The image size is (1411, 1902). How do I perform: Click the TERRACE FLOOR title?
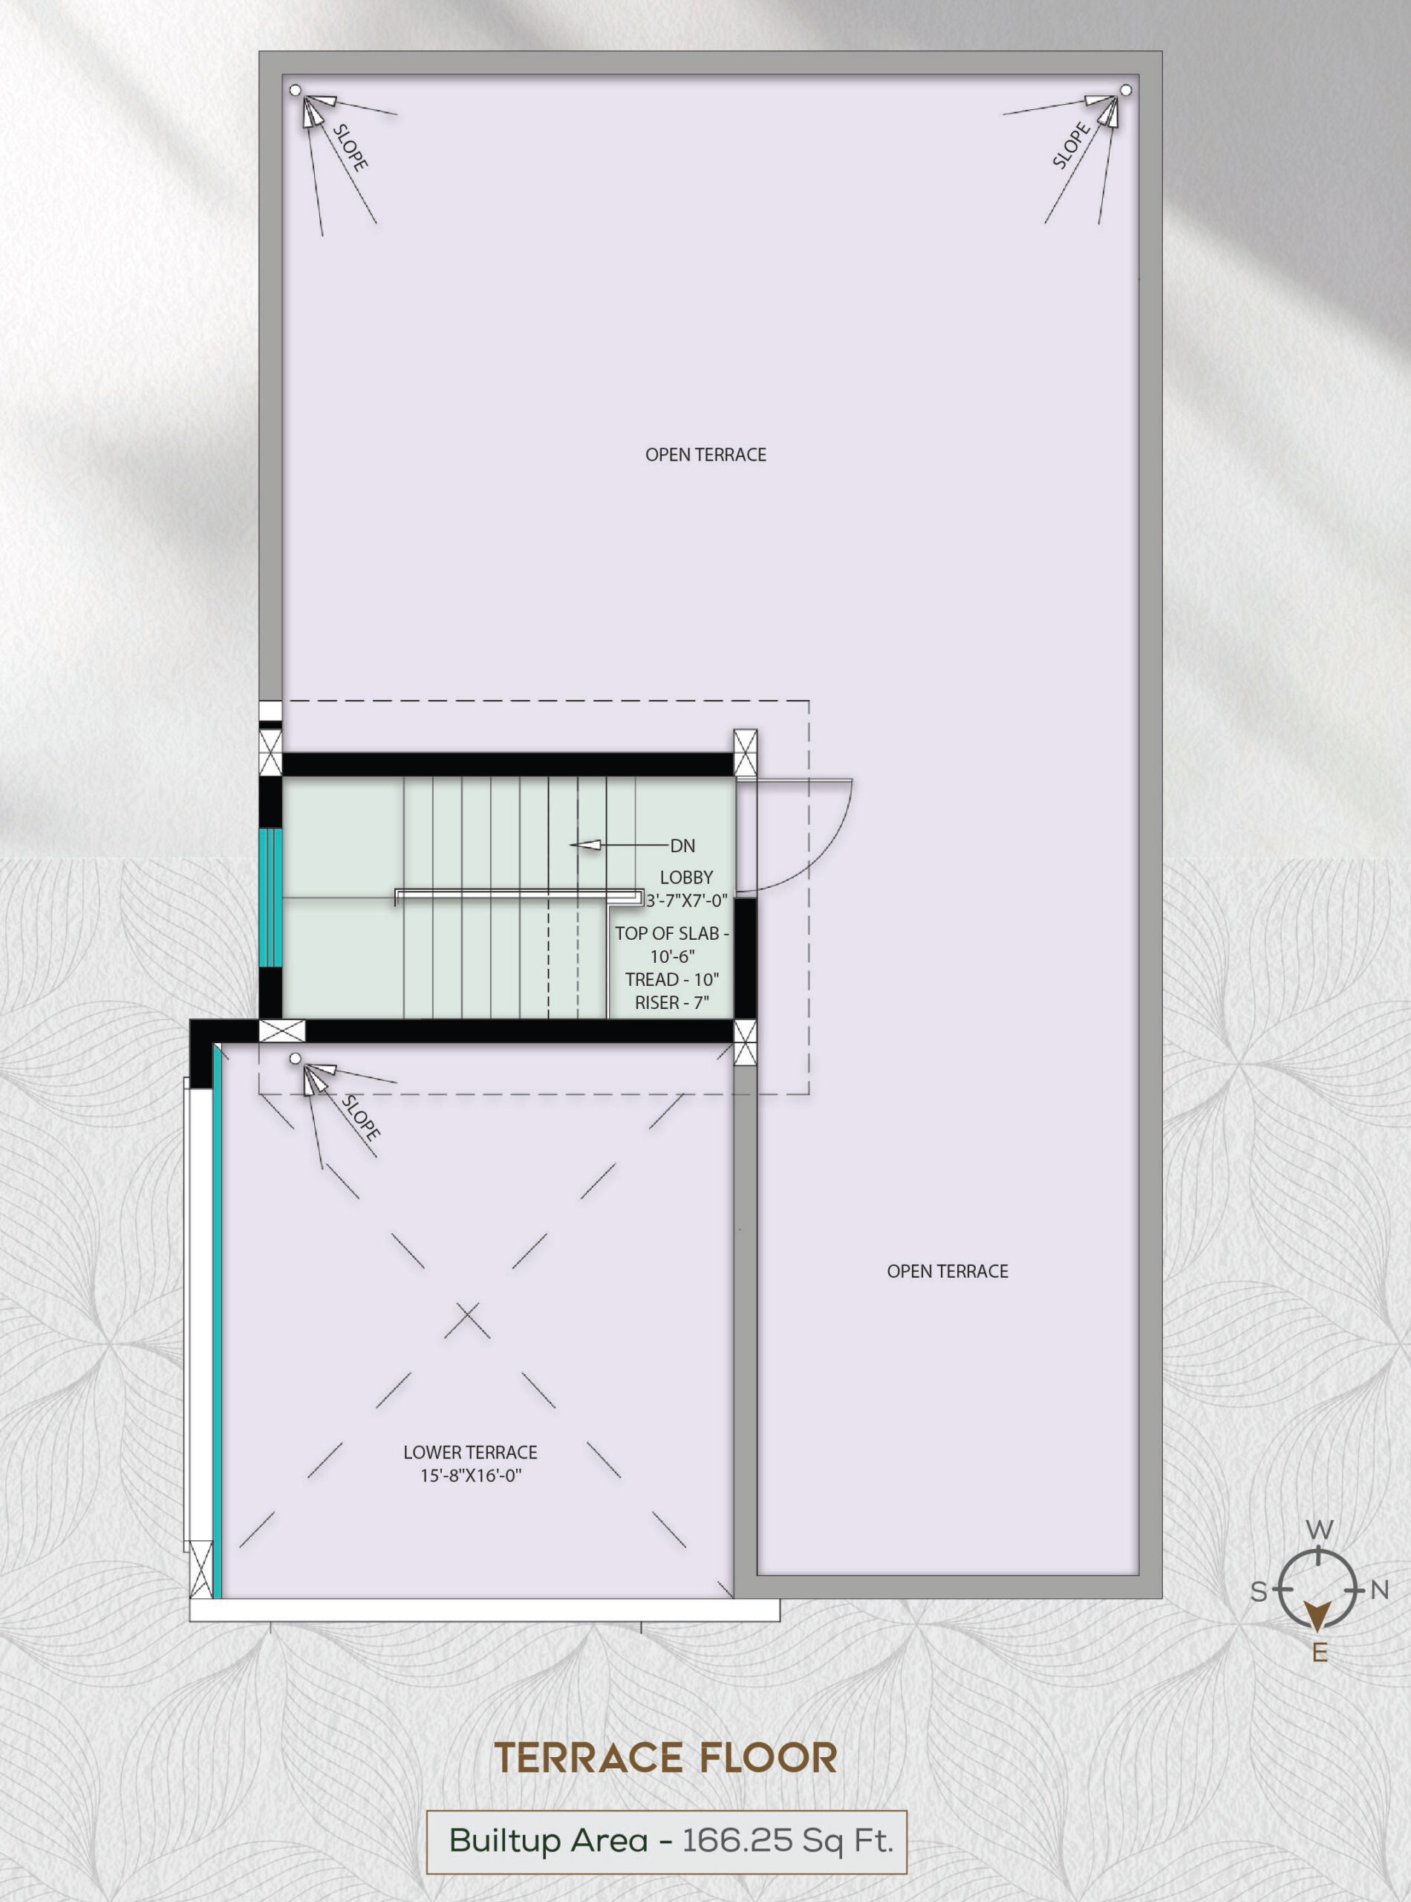click(666, 1759)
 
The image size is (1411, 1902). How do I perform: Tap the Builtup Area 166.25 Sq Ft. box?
click(666, 1840)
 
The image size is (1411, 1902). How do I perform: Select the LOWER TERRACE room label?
click(471, 1453)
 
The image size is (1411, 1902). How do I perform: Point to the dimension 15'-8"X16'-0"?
click(471, 1476)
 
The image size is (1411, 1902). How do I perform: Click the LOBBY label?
click(686, 877)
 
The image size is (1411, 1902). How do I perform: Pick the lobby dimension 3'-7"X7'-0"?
click(687, 900)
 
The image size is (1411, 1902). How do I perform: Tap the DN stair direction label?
click(682, 846)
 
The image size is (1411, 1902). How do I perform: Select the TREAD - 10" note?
click(672, 980)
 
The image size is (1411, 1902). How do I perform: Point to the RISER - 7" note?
click(672, 1003)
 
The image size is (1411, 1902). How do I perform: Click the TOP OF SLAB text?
click(672, 934)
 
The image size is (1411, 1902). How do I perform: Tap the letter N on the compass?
click(1379, 1590)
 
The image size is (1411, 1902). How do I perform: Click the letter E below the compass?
click(1320, 1653)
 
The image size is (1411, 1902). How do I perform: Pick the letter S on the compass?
click(1259, 1591)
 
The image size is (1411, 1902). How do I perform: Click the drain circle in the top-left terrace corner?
click(296, 90)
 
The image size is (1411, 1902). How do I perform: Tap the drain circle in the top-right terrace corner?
click(1126, 90)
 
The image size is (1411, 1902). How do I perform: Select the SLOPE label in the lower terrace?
click(360, 1117)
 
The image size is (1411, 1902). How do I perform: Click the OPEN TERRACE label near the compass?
click(947, 1271)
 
